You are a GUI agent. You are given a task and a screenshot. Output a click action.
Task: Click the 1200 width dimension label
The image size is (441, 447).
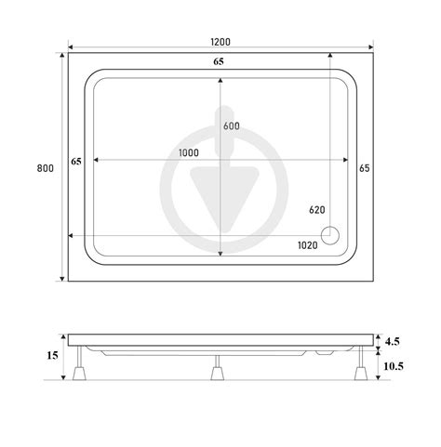coord(220,42)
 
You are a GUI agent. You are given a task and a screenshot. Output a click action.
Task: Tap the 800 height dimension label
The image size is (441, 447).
coord(46,168)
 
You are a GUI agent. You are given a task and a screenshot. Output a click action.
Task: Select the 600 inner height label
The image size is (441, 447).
coord(232,125)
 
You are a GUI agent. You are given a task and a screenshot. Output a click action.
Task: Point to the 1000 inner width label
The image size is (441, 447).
coord(189,152)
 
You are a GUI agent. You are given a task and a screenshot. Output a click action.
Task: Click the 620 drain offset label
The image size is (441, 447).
coord(317,210)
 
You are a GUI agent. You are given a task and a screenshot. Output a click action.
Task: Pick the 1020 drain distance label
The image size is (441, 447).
coord(308,245)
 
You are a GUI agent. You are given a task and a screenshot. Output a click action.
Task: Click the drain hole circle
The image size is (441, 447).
coord(330,236)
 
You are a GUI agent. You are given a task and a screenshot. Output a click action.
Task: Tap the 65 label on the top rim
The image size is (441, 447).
coord(219,61)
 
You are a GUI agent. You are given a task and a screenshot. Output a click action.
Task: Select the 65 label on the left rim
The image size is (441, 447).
coord(76,162)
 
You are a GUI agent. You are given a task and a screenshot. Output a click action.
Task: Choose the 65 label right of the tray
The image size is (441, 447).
coord(365,168)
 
